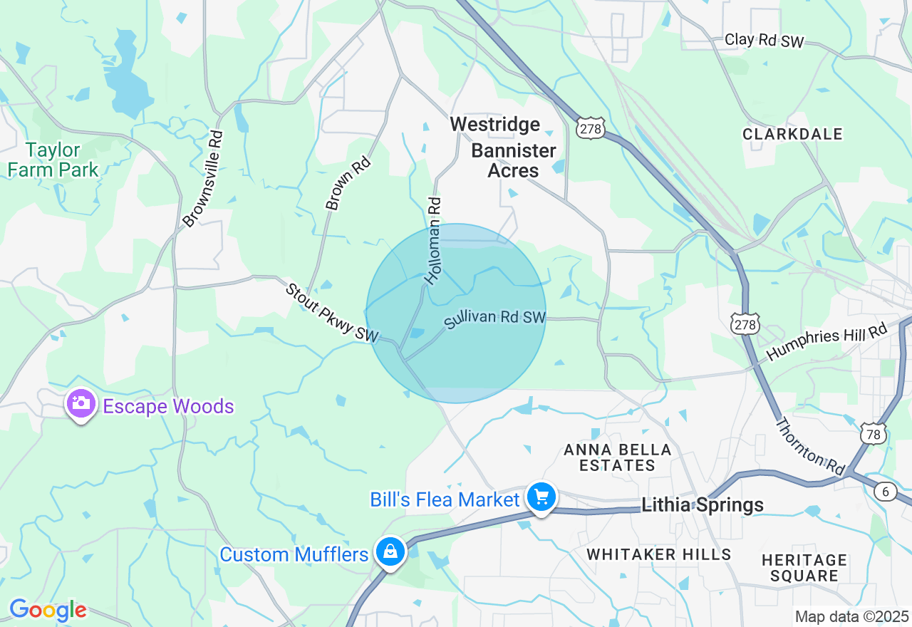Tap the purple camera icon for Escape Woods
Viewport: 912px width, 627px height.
[81, 404]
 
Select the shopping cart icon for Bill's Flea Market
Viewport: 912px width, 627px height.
[541, 497]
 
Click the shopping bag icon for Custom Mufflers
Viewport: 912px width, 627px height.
[390, 551]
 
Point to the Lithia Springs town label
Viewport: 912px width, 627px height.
[703, 505]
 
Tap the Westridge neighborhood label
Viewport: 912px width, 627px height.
[495, 125]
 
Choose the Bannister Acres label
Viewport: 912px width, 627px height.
[514, 160]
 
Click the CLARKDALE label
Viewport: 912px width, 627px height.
[792, 134]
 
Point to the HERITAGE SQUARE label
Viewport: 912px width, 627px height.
[804, 568]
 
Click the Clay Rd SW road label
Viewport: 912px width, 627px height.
[764, 41]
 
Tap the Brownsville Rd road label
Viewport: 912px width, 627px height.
[203, 179]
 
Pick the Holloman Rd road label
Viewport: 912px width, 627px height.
[433, 241]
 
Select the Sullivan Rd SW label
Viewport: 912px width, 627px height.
[495, 319]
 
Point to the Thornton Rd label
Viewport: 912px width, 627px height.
[810, 446]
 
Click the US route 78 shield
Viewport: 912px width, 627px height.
[873, 434]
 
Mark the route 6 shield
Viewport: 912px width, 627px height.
[886, 491]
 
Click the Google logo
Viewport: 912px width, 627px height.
[48, 610]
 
